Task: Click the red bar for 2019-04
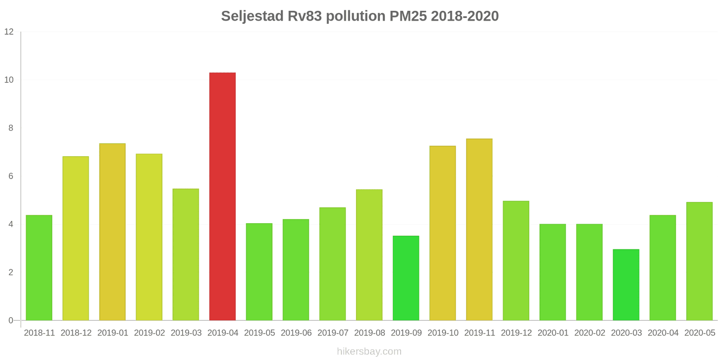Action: (x=222, y=196)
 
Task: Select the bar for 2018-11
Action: (x=39, y=268)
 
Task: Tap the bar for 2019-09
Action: (x=406, y=278)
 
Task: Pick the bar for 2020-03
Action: (x=626, y=285)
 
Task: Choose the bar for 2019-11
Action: (x=479, y=229)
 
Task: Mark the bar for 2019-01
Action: (x=112, y=232)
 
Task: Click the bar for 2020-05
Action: (x=699, y=261)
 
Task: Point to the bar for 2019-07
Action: (x=333, y=264)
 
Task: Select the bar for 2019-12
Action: (x=516, y=261)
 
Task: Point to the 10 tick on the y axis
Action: (x=9, y=80)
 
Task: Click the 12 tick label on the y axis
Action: (x=9, y=32)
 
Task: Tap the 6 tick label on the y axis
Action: (x=11, y=176)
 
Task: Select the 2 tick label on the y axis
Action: (x=11, y=273)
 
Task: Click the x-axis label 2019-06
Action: (x=296, y=333)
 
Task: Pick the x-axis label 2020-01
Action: (x=553, y=333)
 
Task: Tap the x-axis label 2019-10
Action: (x=443, y=333)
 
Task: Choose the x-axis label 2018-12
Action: (x=76, y=333)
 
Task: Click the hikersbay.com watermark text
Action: (x=369, y=351)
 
